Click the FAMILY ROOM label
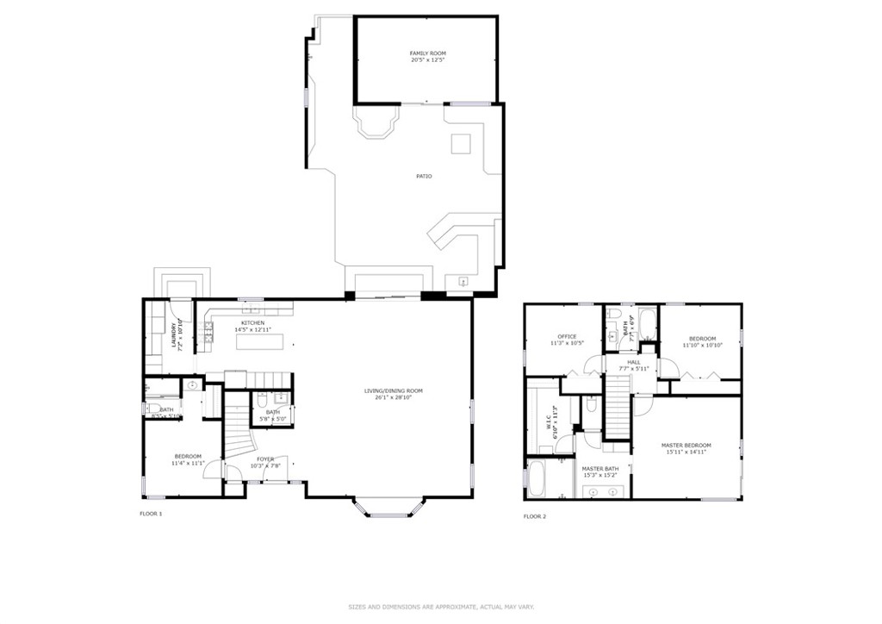pos(427,53)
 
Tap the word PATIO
pos(423,177)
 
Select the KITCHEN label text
pos(252,323)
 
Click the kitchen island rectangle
pos(259,342)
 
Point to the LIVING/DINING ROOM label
pos(393,391)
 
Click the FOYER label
pos(265,459)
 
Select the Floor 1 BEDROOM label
pos(188,456)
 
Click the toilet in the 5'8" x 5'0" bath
pos(261,400)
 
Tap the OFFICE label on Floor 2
pos(566,337)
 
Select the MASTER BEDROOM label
pos(686,446)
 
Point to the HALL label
pos(633,363)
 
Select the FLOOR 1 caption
pos(151,514)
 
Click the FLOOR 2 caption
pos(534,516)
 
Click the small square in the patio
pos(461,144)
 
